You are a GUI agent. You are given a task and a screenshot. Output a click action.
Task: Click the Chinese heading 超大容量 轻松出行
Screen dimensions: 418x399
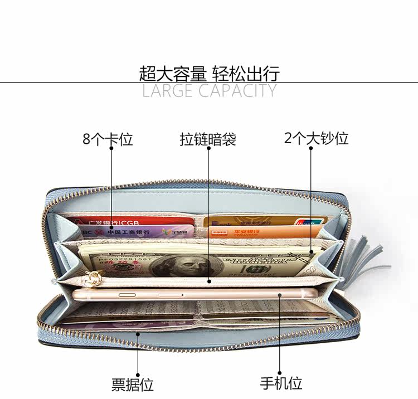pos(209,73)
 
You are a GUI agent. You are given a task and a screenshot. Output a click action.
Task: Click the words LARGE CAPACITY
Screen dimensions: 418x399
pos(209,91)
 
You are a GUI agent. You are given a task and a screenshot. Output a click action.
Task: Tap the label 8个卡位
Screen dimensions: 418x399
pos(108,139)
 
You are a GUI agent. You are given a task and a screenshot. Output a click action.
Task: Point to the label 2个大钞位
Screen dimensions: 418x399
pos(316,138)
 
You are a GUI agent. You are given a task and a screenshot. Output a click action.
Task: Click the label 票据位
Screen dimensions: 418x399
pos(132,384)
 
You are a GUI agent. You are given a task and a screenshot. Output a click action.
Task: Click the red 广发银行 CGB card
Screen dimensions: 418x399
pos(106,221)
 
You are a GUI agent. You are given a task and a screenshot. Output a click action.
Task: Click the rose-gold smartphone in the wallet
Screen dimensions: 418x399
pos(195,294)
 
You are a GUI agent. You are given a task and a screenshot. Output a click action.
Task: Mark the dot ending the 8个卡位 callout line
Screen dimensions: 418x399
pos(111,228)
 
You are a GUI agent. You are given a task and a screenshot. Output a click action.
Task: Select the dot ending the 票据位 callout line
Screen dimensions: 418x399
pos(137,333)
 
